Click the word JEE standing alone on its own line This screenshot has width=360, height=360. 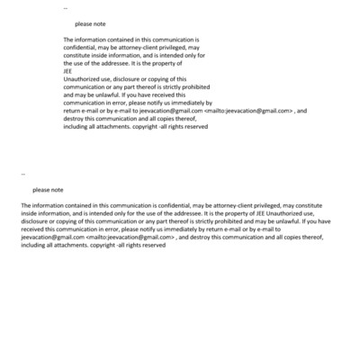(67, 71)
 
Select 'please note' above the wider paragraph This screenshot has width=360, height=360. (48, 189)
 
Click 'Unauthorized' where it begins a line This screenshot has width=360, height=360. (83, 78)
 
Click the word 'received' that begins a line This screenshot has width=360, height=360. (33, 229)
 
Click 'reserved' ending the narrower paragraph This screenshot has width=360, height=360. (195, 126)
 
